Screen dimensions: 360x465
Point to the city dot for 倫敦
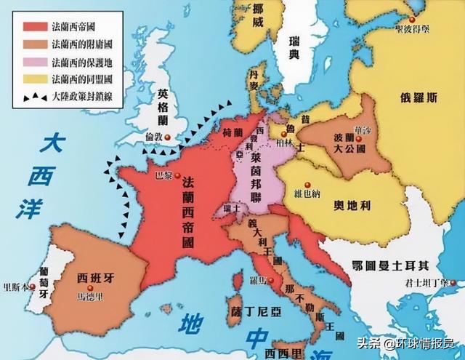point(169,137)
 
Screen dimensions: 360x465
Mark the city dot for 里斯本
point(28,286)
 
